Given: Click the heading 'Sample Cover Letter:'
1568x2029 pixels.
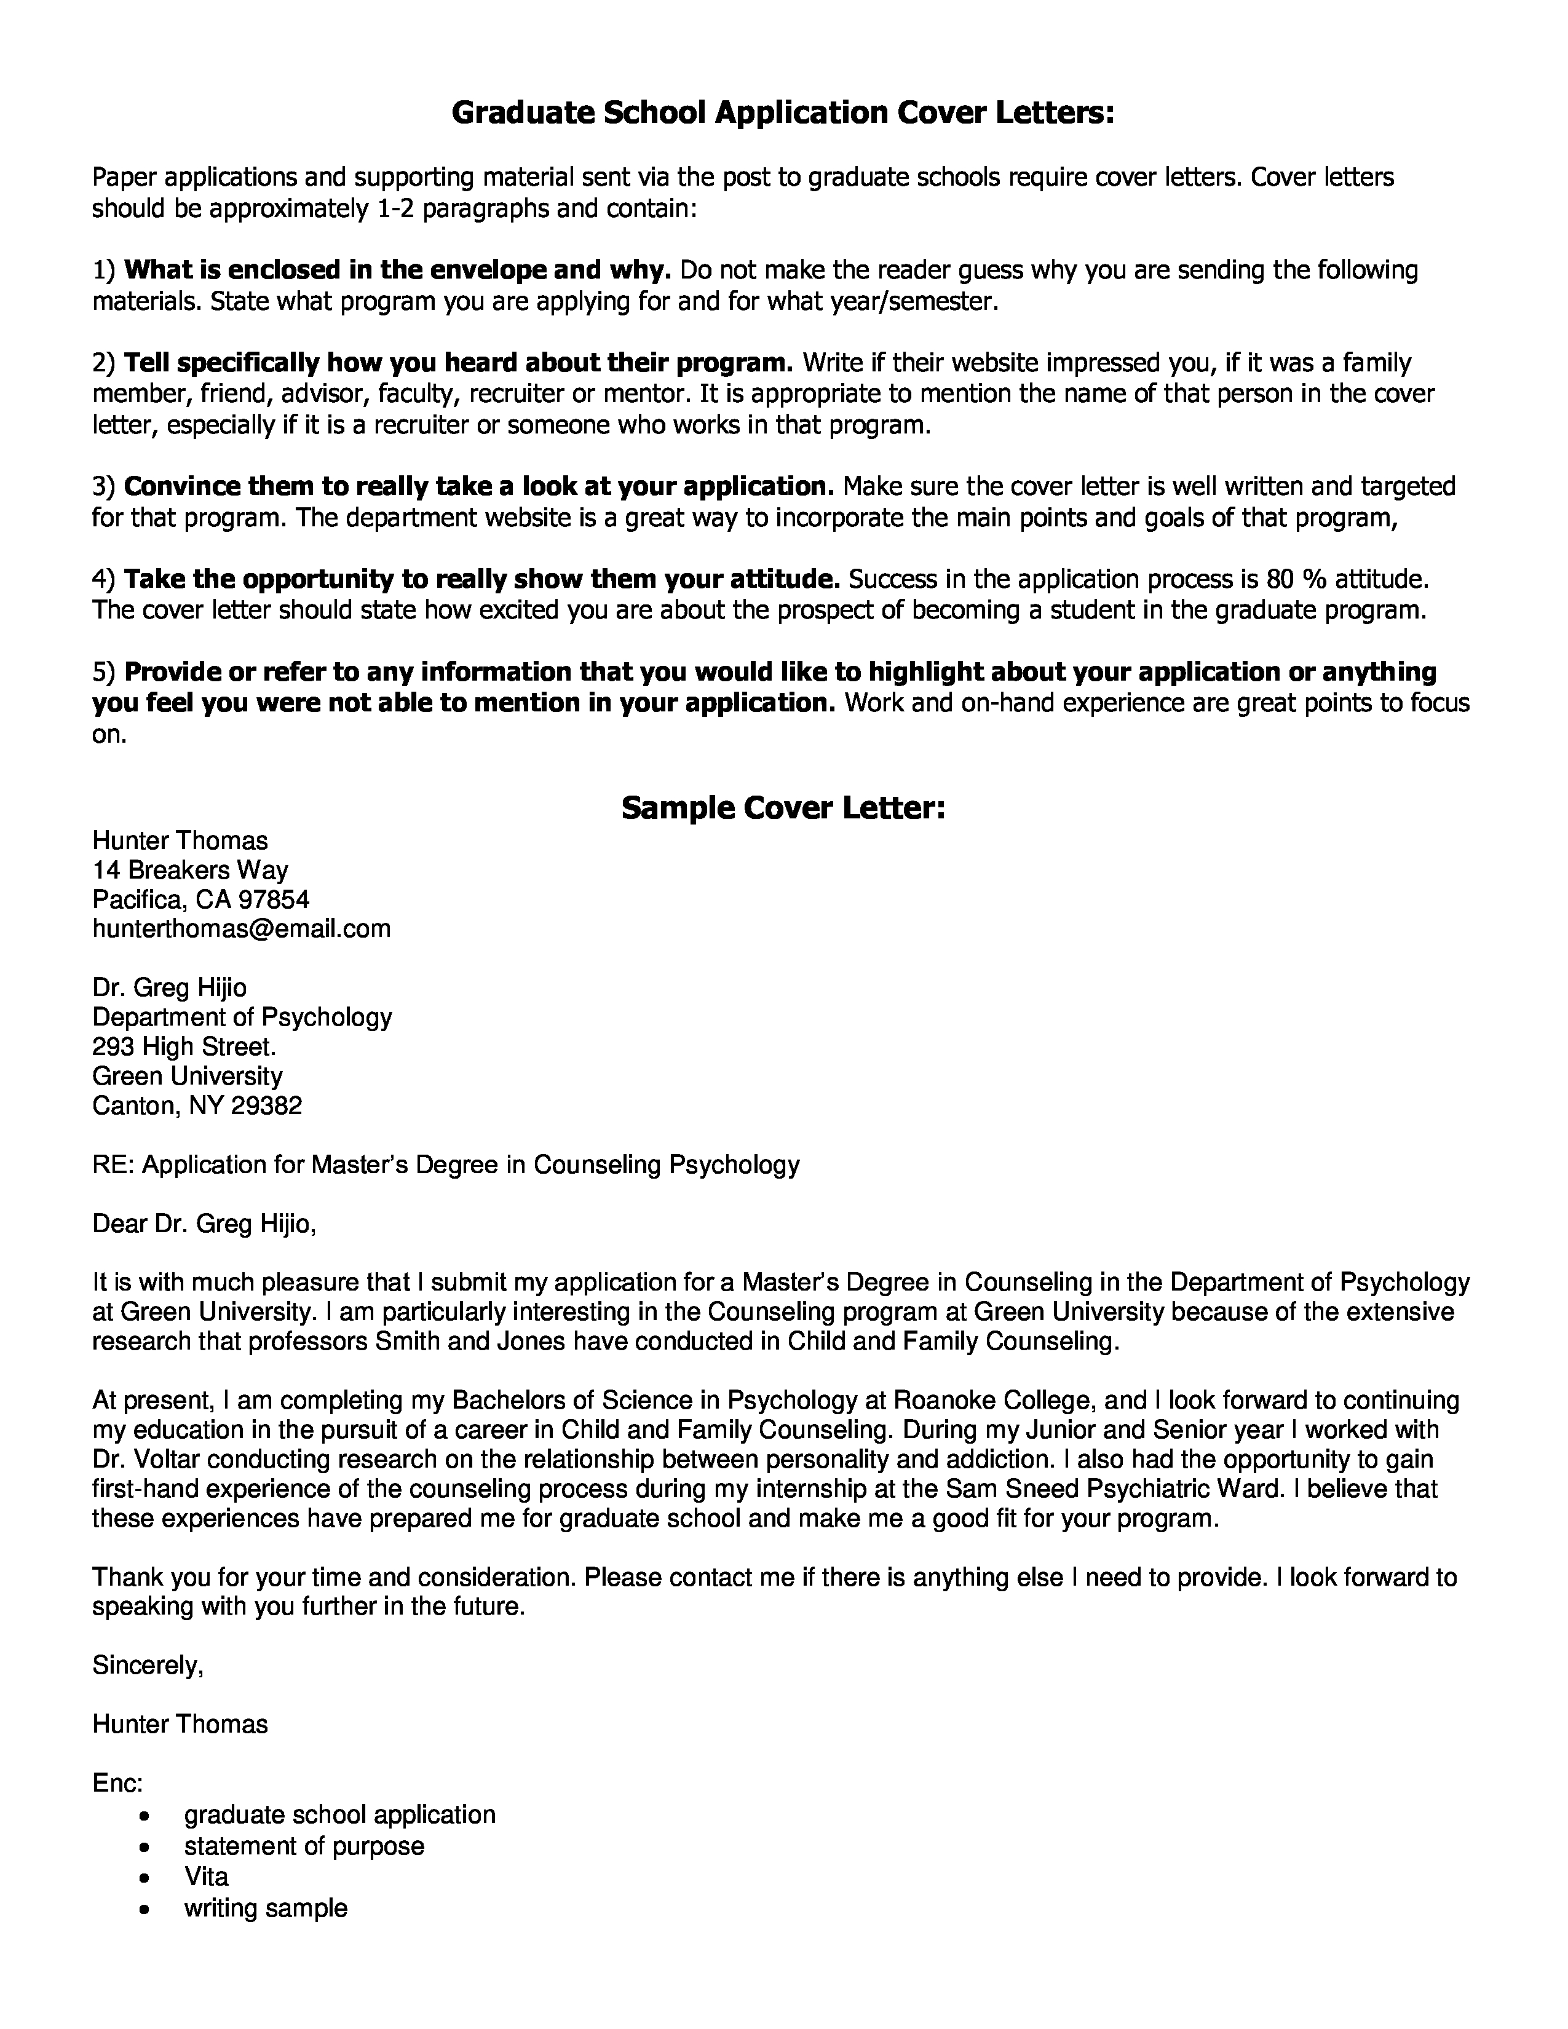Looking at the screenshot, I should (783, 809).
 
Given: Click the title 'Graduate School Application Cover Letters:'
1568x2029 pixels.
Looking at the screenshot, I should (783, 113).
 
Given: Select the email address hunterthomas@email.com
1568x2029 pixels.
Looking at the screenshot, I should (242, 928).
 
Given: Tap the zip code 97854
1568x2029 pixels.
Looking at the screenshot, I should (274, 900).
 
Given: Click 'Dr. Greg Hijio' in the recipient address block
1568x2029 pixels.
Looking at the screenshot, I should (169, 987).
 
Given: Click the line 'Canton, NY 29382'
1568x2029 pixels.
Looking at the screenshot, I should (197, 1105).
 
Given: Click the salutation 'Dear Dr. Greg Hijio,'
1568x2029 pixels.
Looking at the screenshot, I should (204, 1224).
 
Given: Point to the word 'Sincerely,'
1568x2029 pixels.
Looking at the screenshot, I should (148, 1665).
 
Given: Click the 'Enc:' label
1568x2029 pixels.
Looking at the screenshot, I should (117, 1783).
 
